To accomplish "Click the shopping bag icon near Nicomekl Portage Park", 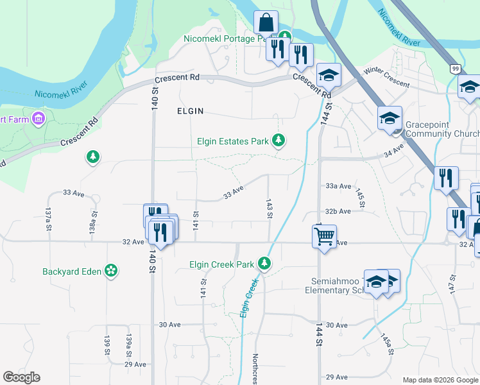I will tap(266, 22).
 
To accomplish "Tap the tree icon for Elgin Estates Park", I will tap(278, 139).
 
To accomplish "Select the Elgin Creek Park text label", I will tap(222, 264).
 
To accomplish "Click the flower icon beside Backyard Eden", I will tap(112, 271).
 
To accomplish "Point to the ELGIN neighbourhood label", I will tap(190, 111).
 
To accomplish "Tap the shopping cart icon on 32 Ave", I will tap(325, 236).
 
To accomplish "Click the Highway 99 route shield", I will tap(455, 68).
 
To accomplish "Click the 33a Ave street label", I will tap(338, 186).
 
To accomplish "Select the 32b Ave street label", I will tap(338, 211).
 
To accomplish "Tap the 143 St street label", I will tap(270, 207).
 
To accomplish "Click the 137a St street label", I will tap(48, 218).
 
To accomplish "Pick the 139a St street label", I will tap(129, 345).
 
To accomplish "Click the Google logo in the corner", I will tap(21, 377).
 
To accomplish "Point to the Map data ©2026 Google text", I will tap(440, 380).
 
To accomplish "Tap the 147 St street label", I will tap(452, 284).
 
